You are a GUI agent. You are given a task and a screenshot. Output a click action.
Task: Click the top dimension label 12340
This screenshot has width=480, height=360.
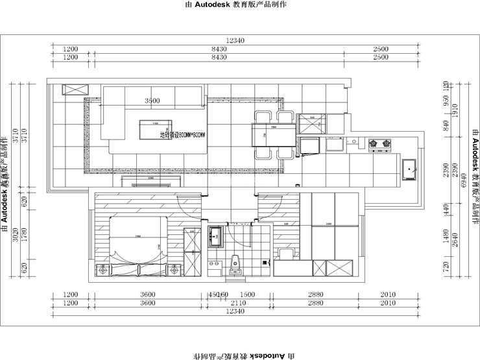pyautogui.click(x=235, y=41)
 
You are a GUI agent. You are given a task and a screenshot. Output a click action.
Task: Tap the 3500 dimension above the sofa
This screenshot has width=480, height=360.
pyautogui.click(x=152, y=101)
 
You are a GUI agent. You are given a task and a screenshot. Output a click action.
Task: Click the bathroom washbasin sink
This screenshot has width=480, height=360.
pyautogui.click(x=217, y=236)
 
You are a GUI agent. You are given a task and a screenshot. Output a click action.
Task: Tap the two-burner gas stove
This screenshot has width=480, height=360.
pyautogui.click(x=378, y=143)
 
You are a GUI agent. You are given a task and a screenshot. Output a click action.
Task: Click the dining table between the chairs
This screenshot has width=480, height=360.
pyautogui.click(x=272, y=135)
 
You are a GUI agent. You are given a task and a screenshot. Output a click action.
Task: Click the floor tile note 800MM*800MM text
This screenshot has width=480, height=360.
pyautogui.click(x=182, y=135)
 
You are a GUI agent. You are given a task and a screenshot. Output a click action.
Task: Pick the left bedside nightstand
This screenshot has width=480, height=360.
pyautogui.click(x=102, y=270)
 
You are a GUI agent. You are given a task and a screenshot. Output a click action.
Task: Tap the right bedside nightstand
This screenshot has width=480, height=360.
pyautogui.click(x=175, y=270)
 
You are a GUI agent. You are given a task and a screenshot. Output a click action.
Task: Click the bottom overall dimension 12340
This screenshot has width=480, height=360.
pyautogui.click(x=235, y=311)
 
